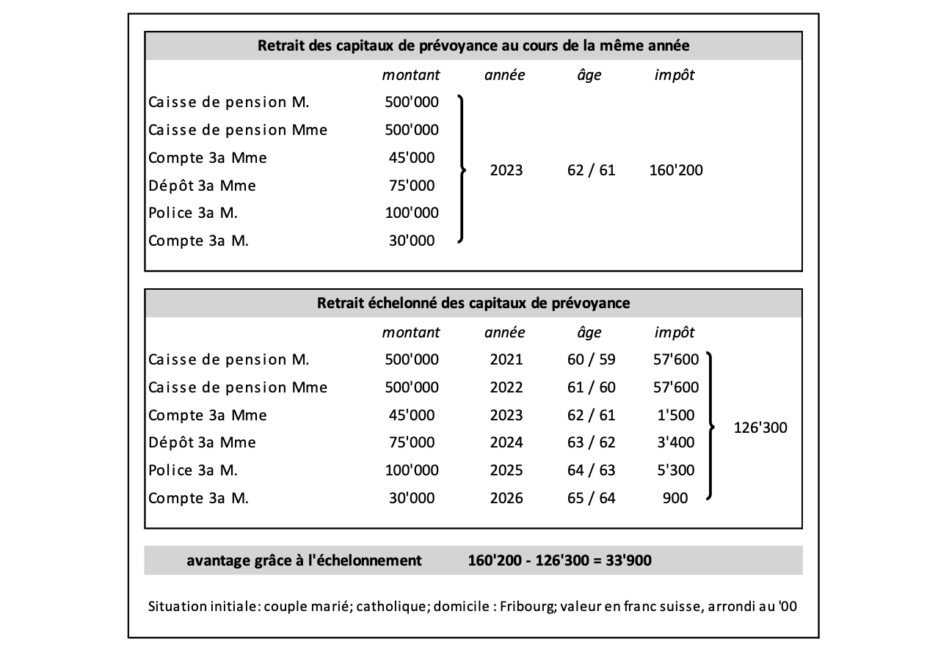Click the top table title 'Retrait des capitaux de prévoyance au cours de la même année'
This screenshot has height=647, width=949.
pos(473,45)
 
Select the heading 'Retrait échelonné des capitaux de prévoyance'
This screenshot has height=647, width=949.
pos(473,303)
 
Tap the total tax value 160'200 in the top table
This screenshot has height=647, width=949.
pos(676,171)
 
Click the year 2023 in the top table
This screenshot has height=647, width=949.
pos(505,171)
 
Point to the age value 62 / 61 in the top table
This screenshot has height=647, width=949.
pos(591,171)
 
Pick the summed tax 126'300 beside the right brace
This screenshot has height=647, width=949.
pos(760,428)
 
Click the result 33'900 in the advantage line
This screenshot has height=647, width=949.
pos(627,561)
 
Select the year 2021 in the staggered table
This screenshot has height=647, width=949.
pos(505,359)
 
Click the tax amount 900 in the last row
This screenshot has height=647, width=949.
pos(675,499)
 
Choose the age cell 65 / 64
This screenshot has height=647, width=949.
pos(591,499)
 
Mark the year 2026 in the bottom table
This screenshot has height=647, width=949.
pos(505,499)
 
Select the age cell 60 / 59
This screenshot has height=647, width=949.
pos(591,359)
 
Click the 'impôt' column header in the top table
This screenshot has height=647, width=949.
pos(674,76)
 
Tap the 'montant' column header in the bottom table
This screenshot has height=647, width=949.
pos(411,332)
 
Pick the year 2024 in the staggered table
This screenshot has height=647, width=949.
pos(505,443)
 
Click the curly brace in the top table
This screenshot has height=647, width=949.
pos(461,169)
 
